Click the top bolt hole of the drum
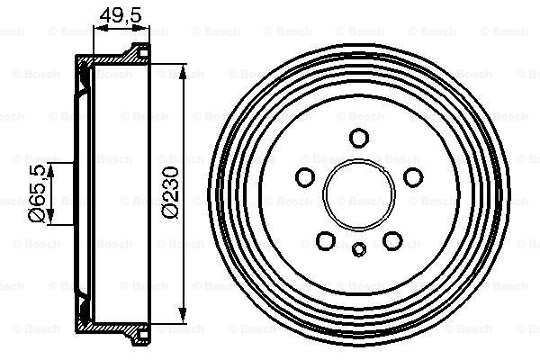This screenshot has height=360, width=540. click(358, 138)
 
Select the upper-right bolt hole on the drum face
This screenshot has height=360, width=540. click(411, 176)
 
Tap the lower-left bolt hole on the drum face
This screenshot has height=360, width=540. click(325, 240)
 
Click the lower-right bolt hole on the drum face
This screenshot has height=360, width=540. click(391, 240)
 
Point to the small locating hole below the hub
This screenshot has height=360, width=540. click(358, 250)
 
